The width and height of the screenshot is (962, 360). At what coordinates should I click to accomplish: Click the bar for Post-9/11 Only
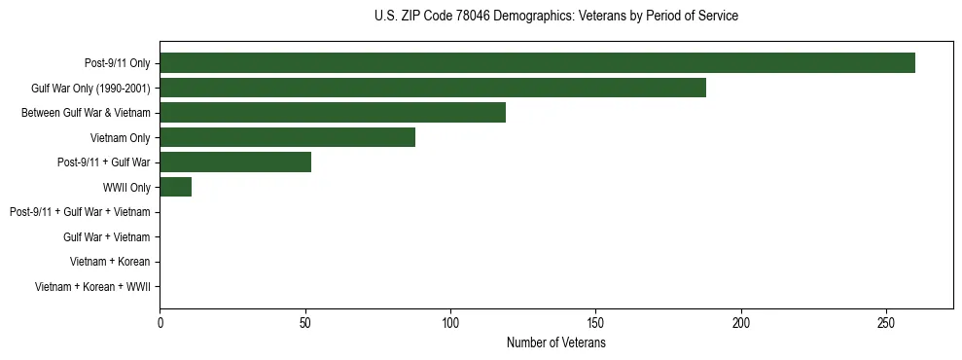pos(537,63)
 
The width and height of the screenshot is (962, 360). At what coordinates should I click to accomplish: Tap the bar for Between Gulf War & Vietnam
pos(333,113)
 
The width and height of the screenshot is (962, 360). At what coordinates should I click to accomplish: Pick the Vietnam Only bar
pos(288,137)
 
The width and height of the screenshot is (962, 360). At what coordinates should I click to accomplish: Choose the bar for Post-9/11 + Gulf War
pos(235,162)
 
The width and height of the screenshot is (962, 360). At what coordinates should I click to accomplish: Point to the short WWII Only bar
pos(176,187)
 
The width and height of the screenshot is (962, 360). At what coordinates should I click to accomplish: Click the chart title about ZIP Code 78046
pos(555,17)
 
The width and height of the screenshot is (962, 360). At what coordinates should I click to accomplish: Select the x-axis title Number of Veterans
pos(555,343)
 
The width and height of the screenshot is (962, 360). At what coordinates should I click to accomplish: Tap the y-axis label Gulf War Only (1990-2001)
pos(90,89)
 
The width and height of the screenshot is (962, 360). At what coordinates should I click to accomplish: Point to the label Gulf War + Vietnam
pos(106,237)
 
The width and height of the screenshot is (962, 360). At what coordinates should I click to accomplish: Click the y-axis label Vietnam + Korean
pos(110,262)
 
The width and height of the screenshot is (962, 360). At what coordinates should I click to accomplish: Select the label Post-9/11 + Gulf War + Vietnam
pos(80,212)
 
